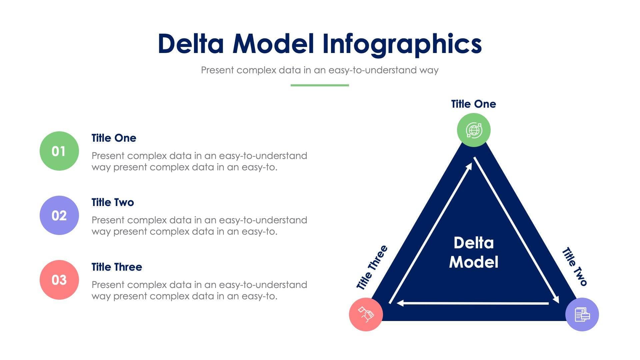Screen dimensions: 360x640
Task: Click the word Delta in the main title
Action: click(191, 44)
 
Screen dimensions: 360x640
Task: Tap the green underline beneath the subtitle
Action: click(320, 85)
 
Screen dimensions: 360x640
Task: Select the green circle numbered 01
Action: click(59, 151)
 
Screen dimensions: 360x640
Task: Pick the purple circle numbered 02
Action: click(59, 215)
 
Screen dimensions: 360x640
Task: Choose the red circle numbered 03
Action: click(59, 280)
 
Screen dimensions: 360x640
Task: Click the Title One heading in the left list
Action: click(114, 138)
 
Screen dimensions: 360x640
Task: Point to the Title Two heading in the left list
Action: click(113, 202)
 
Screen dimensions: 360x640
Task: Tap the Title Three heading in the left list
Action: click(117, 267)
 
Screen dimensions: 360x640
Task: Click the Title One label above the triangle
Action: click(473, 104)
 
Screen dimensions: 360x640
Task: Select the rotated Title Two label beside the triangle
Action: click(574, 267)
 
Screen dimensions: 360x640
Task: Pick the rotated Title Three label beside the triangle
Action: click(372, 268)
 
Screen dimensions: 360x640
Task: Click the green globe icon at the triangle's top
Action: click(474, 130)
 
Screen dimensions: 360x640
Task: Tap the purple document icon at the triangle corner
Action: click(582, 314)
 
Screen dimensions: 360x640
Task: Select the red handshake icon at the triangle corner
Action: click(366, 314)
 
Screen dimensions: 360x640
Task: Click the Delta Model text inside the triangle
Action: click(474, 252)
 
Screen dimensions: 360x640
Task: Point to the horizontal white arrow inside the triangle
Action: click(473, 303)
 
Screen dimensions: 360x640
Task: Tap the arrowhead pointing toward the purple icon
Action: click(556, 299)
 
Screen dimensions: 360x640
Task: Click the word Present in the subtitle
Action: click(217, 70)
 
